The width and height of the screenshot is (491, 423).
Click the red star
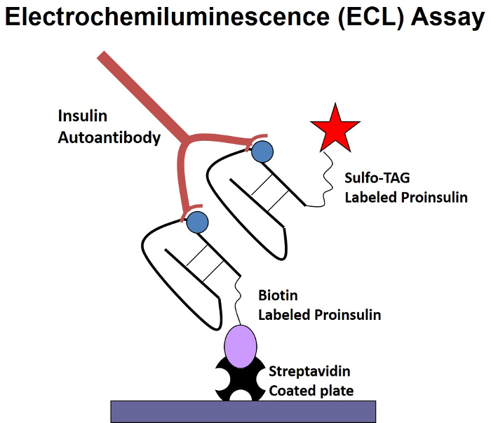pos(335,129)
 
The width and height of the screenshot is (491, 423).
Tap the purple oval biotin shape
pos(242,345)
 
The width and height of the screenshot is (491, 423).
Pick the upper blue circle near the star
pos(262,151)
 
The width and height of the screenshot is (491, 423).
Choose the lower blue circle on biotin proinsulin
pos(198,222)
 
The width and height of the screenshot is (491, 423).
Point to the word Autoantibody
pos(109,137)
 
